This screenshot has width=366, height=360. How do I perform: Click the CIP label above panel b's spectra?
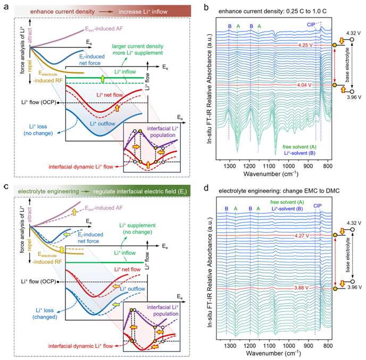pyautogui.click(x=310, y=24)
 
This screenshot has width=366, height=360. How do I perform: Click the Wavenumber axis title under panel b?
pyautogui.click(x=273, y=174)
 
